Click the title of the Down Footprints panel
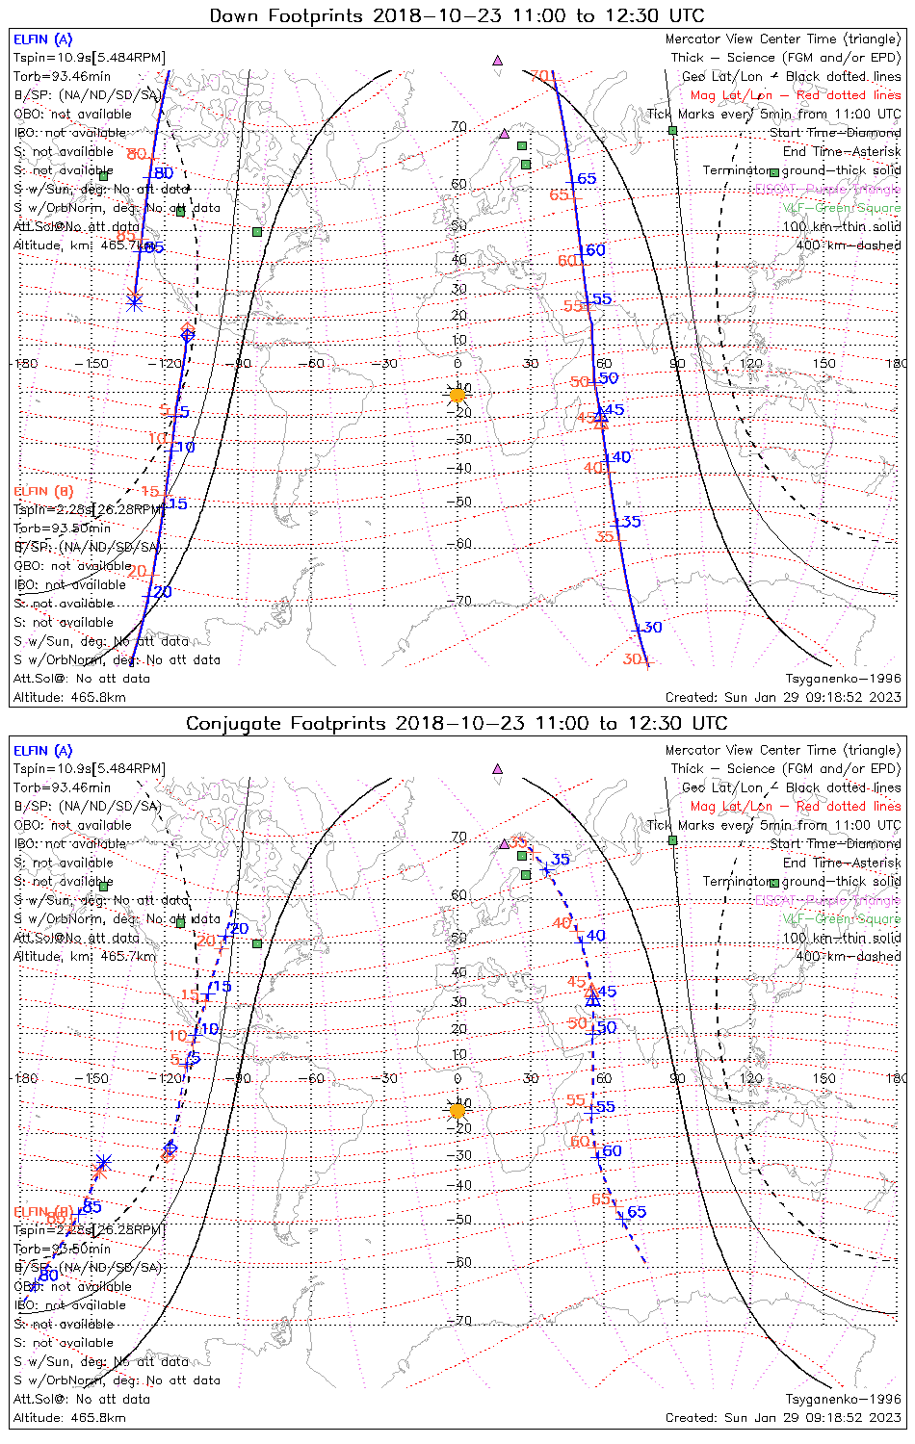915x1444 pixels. (457, 15)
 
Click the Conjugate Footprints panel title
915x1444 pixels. (457, 723)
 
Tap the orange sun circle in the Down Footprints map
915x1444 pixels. (457, 395)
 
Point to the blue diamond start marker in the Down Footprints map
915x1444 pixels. (187, 335)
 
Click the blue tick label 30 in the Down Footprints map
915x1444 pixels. (653, 628)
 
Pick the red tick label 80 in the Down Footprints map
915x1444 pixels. (136, 154)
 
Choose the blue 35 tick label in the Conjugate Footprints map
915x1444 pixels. (560, 860)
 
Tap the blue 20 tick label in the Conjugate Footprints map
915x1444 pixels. (239, 929)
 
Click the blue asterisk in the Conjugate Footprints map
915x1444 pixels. (104, 1163)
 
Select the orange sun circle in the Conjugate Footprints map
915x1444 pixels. (457, 1111)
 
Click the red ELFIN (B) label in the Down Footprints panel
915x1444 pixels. (43, 491)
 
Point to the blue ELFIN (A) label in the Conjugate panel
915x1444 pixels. (43, 751)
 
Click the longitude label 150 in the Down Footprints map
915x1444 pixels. (823, 364)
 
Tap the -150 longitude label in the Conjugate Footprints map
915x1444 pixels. (96, 1078)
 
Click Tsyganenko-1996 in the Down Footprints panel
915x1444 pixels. (843, 679)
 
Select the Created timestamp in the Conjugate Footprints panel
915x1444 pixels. (783, 1418)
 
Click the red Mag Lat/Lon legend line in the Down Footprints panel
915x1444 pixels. (796, 95)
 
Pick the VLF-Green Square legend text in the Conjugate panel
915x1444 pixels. (842, 919)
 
